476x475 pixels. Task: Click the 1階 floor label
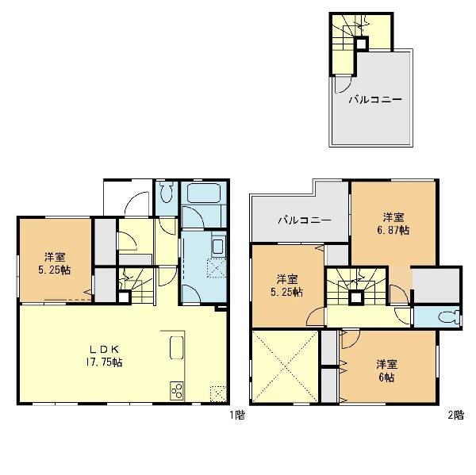tap(237, 415)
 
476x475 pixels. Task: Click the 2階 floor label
tap(455, 415)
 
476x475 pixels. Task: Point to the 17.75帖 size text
tap(104, 362)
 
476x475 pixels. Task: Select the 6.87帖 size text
tap(393, 230)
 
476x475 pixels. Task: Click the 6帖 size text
tap(386, 377)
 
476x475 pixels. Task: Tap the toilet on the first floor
tap(166, 192)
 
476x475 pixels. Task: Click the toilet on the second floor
tap(449, 318)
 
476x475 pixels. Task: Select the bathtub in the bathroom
tap(203, 193)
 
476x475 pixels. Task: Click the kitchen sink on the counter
tap(176, 347)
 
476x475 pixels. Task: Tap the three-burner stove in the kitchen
tap(176, 391)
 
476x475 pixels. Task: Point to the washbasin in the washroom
tap(218, 247)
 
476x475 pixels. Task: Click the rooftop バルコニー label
tap(375, 100)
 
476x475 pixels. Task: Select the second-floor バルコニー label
tap(305, 220)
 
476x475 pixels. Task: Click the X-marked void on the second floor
tap(285, 366)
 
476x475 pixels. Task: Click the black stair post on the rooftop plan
tap(361, 44)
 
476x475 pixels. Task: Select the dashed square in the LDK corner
tap(218, 393)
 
